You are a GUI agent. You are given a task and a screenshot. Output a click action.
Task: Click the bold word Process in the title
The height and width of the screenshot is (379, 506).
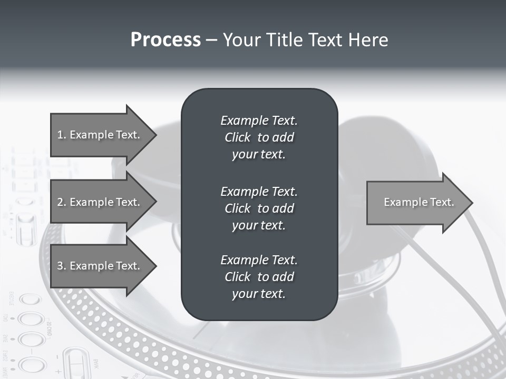coord(166,40)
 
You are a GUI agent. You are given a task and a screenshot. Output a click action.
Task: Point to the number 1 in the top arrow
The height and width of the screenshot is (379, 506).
coord(60,135)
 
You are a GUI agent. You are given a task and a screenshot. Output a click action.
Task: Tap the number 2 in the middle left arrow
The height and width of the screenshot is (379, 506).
coord(60,202)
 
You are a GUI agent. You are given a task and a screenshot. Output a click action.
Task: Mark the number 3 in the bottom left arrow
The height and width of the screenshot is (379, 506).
coord(60,266)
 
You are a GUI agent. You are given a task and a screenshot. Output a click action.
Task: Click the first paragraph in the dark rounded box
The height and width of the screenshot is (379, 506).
coord(259,137)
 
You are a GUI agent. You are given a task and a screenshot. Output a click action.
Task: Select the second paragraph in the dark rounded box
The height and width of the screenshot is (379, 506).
coord(259,208)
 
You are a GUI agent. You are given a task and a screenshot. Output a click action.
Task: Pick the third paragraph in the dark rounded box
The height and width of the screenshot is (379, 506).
coord(259,277)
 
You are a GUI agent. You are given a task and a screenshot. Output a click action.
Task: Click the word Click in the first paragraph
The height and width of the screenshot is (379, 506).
coord(237,137)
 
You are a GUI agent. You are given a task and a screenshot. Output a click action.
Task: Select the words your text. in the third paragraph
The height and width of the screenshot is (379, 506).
coord(259,294)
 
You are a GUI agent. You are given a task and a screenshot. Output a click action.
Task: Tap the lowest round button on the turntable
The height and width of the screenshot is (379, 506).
coord(32,363)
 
